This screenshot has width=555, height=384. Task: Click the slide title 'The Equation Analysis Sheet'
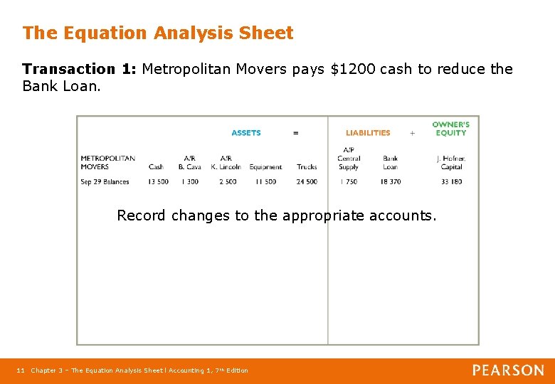157,33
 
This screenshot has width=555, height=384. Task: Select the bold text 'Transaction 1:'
79,69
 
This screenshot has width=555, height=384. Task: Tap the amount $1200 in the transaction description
354,69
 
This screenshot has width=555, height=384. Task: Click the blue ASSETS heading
246,133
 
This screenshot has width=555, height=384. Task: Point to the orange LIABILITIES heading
368,133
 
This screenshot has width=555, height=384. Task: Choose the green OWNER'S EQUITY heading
450,129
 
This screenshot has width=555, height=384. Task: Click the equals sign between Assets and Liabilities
296,133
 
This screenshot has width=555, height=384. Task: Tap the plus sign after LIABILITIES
412,133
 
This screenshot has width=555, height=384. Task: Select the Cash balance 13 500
158,182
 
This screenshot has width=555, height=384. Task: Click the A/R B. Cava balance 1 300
190,182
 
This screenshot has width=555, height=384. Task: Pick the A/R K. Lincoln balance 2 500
228,182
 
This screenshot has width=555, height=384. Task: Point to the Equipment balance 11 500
265,182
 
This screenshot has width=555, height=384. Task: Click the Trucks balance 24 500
307,182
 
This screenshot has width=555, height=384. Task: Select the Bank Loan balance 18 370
390,182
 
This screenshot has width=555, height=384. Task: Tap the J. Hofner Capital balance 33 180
451,182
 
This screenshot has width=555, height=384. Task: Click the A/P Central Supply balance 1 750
349,182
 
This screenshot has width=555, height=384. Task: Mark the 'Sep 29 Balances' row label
105,182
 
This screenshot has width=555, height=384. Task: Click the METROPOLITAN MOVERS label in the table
107,163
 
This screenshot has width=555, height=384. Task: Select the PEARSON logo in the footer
508,370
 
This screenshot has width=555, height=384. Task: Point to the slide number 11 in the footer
21,370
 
